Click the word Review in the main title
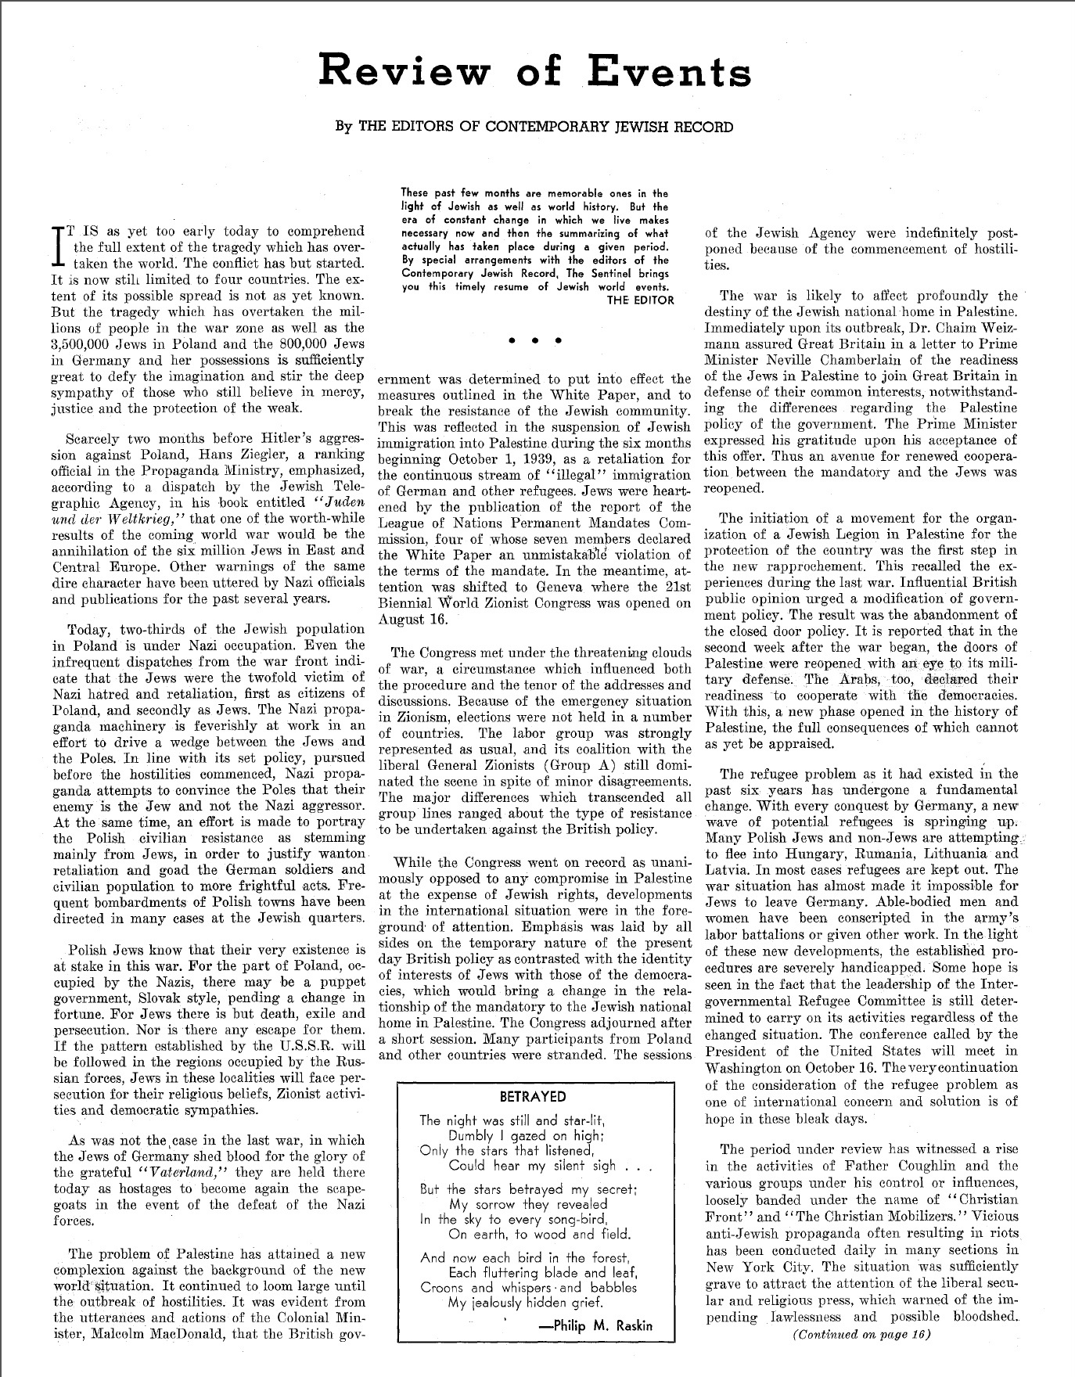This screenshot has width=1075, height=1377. pyautogui.click(x=407, y=72)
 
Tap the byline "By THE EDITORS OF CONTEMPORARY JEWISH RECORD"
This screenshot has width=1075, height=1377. pyautogui.click(x=534, y=127)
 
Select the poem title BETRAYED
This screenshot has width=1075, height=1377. pyautogui.click(x=532, y=1096)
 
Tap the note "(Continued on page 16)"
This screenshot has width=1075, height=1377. pyautogui.click(x=861, y=1335)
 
